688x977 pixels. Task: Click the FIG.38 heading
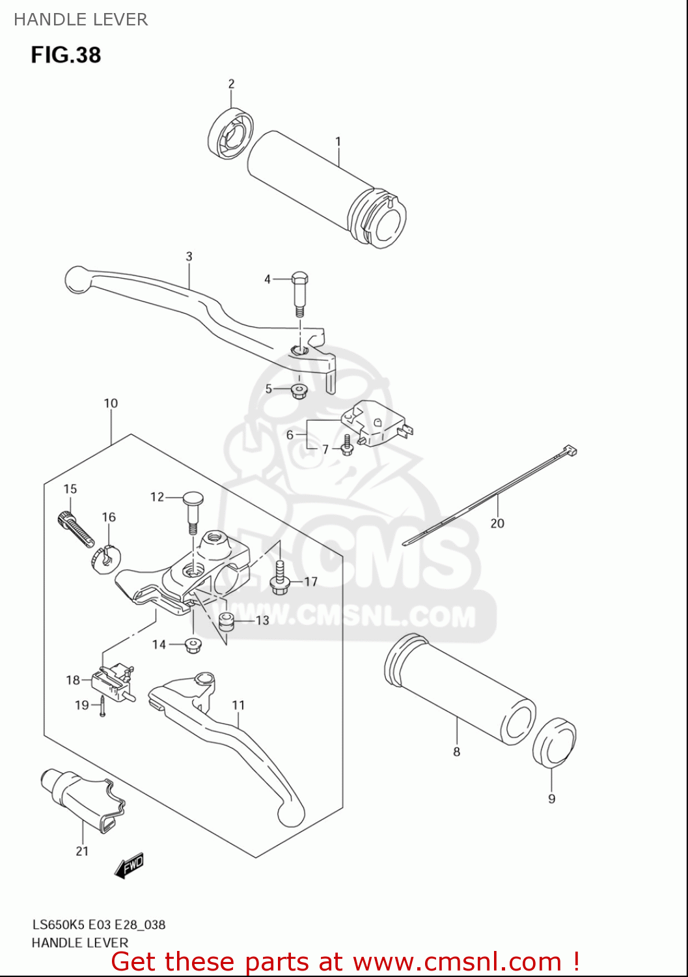click(x=66, y=55)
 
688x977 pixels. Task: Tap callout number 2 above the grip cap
click(x=231, y=84)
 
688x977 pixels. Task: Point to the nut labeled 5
click(x=299, y=391)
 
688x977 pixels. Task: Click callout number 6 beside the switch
click(x=290, y=434)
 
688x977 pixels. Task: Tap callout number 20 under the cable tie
click(x=497, y=523)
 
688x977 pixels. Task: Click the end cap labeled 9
click(x=555, y=742)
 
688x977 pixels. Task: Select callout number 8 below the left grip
click(x=456, y=752)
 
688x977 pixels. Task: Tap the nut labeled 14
click(x=193, y=645)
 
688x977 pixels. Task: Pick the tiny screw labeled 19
click(x=102, y=706)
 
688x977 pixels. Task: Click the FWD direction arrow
click(x=129, y=866)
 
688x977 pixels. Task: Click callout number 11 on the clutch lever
click(x=238, y=705)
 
